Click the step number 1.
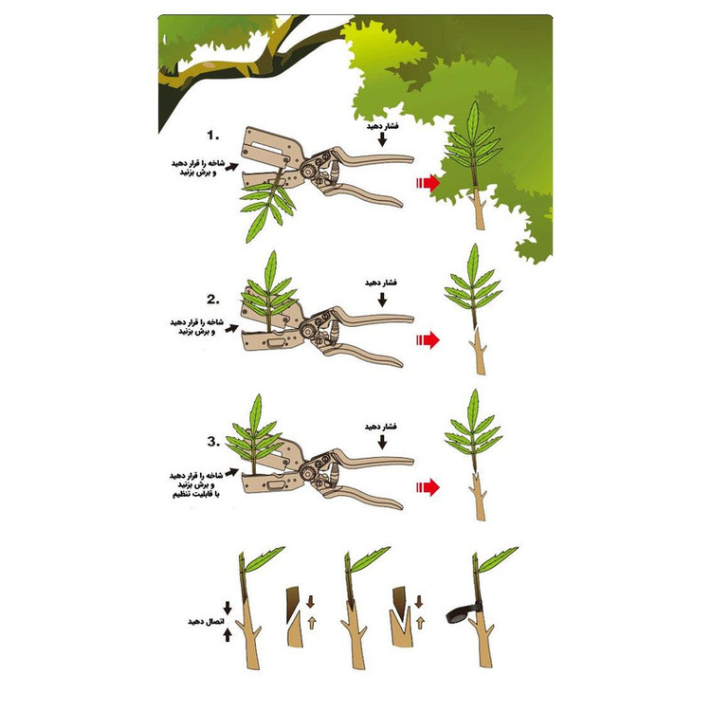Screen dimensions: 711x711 coord(212,136)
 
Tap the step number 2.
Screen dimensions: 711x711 coord(213,300)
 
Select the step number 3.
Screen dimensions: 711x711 coord(213,442)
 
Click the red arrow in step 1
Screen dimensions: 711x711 coord(428,183)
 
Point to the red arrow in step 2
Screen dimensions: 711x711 coord(428,339)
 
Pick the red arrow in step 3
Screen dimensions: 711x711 coord(428,487)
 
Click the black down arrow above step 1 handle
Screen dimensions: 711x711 coord(382,139)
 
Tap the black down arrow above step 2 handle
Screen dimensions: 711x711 coord(382,300)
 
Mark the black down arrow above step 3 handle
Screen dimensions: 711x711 coord(382,442)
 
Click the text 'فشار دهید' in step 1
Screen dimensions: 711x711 coord(382,125)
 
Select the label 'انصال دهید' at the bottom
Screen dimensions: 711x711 coord(204,621)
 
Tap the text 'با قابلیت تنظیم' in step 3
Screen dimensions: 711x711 coord(195,494)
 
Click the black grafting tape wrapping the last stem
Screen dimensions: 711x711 coord(464,611)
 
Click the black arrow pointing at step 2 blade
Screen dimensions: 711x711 coord(231,328)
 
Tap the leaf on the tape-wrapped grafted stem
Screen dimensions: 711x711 coord(498,559)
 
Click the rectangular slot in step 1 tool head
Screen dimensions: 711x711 coord(270,147)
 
